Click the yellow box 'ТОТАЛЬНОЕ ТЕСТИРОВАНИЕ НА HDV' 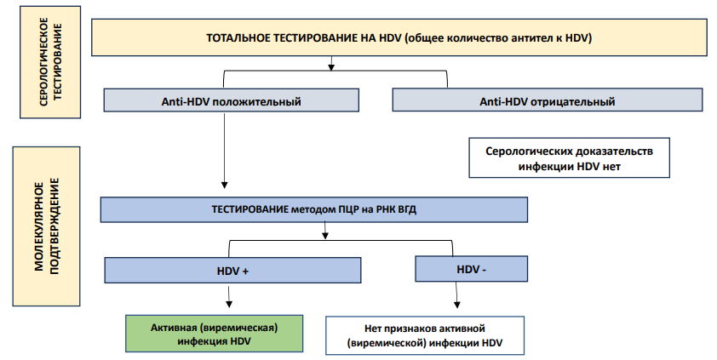click(399, 37)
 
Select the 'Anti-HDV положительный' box click(232, 100)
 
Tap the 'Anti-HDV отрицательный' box click(548, 100)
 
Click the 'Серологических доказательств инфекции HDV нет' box click(570, 157)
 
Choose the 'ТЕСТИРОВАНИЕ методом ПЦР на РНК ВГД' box click(314, 209)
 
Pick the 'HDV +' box click(232, 271)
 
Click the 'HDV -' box click(472, 269)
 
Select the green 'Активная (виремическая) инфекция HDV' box click(214, 334)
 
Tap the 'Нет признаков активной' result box click(425, 335)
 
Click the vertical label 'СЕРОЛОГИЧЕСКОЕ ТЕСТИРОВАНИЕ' click(50, 62)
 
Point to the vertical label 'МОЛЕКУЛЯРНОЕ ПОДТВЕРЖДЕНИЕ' click(46, 226)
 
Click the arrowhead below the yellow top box click(331, 67)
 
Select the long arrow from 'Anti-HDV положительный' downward click(224, 151)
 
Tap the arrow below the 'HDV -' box click(456, 294)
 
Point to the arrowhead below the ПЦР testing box click(325, 235)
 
